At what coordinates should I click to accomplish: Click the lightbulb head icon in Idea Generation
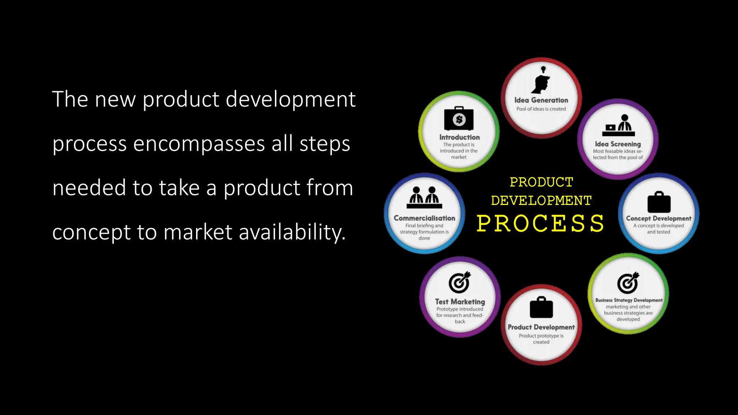(541, 81)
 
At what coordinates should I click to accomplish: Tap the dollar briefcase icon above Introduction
(459, 119)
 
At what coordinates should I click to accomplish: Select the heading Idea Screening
(618, 144)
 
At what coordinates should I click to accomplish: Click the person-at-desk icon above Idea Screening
(618, 125)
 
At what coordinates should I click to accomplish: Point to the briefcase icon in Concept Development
(659, 202)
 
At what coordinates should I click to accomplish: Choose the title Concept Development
(659, 218)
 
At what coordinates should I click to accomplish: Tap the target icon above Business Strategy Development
(628, 283)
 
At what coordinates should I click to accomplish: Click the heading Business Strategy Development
(629, 300)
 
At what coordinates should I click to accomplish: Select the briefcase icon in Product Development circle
(541, 308)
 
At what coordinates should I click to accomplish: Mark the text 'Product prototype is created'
(541, 339)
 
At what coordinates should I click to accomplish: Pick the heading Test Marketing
(460, 302)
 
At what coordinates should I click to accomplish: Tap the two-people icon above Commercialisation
(424, 197)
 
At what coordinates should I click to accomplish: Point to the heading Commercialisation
(424, 218)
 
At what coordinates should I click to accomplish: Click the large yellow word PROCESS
(541, 223)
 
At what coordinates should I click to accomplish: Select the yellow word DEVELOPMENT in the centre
(541, 200)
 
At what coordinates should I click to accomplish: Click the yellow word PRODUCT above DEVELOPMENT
(541, 182)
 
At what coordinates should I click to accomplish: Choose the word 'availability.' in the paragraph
(292, 232)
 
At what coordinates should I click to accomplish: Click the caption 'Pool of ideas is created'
(541, 109)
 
